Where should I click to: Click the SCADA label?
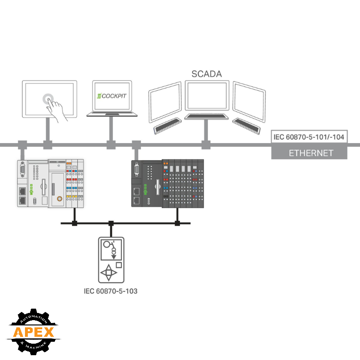[207, 74]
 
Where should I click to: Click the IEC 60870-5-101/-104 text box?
[309, 137]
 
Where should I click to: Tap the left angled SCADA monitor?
[165, 104]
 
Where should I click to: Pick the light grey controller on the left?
[50, 183]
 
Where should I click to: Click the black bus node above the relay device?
[111, 223]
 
